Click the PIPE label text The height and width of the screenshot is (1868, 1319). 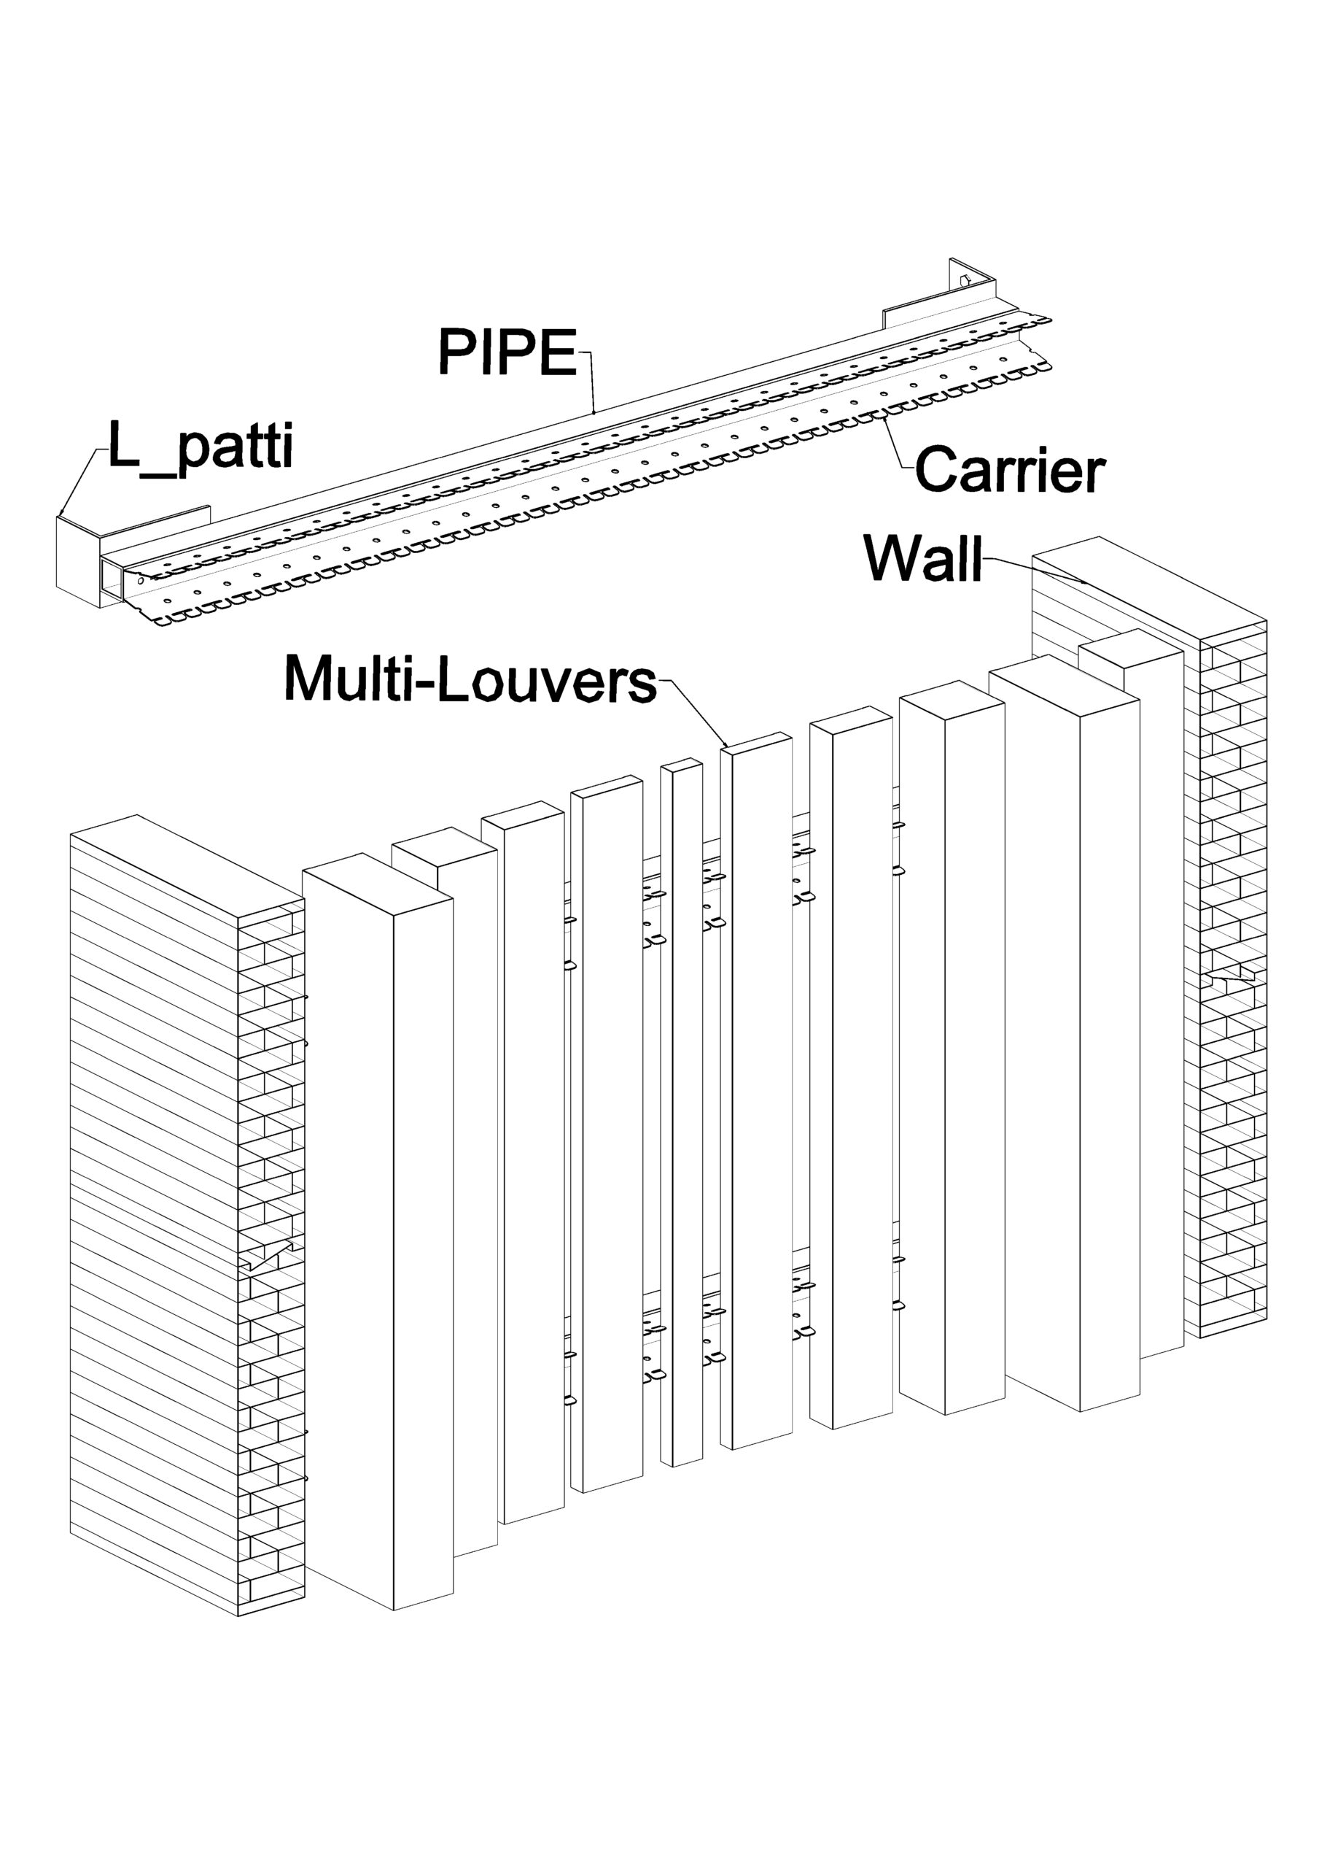[507, 352]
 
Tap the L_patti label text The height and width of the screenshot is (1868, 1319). [200, 446]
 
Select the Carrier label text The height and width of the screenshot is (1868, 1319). [1009, 469]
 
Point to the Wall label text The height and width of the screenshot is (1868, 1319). [923, 558]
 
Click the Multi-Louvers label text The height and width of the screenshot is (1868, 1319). [470, 680]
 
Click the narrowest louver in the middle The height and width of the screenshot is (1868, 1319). [682, 1115]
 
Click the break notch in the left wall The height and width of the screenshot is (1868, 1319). [269, 1257]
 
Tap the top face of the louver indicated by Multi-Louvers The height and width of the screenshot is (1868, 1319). [756, 742]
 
